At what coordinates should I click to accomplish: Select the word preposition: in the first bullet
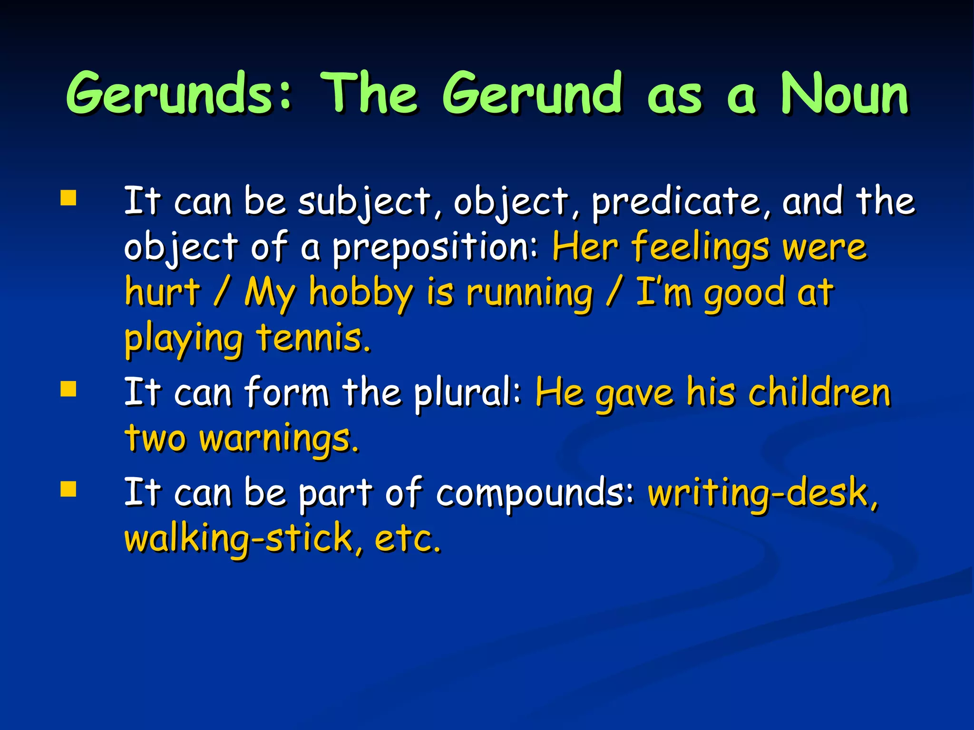[x=435, y=248]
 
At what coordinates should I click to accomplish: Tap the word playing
[x=184, y=338]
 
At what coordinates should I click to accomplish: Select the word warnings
[x=278, y=438]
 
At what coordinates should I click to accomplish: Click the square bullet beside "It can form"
[x=68, y=389]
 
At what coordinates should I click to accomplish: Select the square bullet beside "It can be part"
[x=68, y=489]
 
